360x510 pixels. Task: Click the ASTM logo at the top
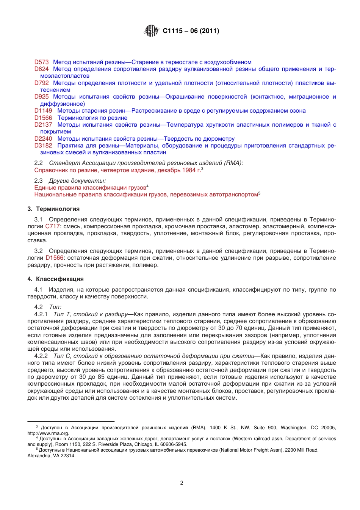coord(151,31)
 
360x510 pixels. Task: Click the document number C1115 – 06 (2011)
coord(191,31)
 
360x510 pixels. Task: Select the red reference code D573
coord(41,62)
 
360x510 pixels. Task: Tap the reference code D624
coord(41,69)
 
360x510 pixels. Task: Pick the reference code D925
coord(41,97)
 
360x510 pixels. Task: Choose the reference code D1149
coord(43,111)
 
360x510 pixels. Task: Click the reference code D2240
coord(43,139)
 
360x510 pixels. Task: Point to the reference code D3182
coord(43,146)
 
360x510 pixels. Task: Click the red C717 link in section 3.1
coord(53,226)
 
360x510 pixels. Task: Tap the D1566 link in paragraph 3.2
coord(54,258)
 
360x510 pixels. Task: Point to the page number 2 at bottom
coord(182,483)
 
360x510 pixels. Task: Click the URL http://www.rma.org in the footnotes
coord(48,433)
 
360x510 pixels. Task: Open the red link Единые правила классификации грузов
coord(90,188)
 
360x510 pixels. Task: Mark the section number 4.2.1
coord(41,314)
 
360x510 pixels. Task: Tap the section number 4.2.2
coord(41,356)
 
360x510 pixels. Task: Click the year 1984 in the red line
coord(189,170)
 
